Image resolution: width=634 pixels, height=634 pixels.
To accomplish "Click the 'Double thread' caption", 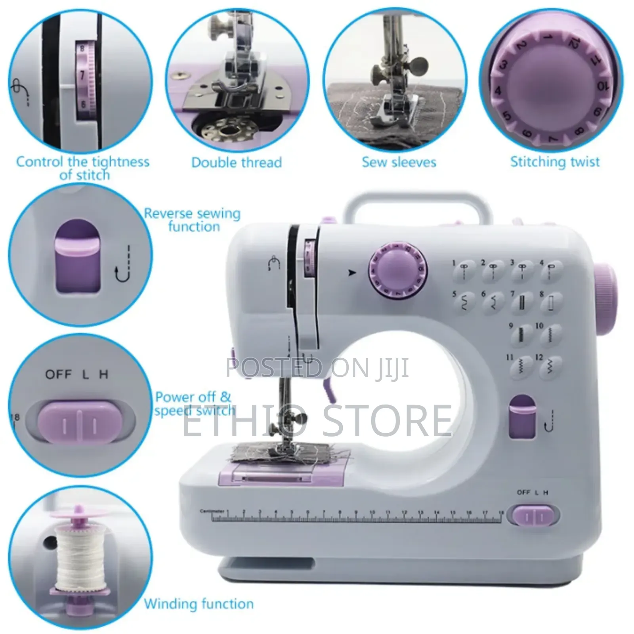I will pyautogui.click(x=237, y=162).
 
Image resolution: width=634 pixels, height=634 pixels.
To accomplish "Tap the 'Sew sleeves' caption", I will pyautogui.click(x=399, y=162).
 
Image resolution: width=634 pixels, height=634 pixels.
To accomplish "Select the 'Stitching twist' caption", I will pyautogui.click(x=555, y=162).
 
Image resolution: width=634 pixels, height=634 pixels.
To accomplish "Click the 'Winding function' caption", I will pyautogui.click(x=199, y=603).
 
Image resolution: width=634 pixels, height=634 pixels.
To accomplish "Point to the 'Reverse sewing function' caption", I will pyautogui.click(x=192, y=220).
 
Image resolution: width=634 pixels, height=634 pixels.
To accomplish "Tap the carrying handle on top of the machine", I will pyautogui.click(x=416, y=200).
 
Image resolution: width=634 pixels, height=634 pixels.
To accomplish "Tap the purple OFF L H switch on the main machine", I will pyautogui.click(x=533, y=516).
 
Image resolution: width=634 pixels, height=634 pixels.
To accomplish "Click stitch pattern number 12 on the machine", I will pyautogui.click(x=550, y=367).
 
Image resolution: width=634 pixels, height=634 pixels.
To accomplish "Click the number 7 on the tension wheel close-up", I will pyautogui.click(x=82, y=75).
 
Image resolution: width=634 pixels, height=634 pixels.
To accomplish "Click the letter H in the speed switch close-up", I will pyautogui.click(x=103, y=374).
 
